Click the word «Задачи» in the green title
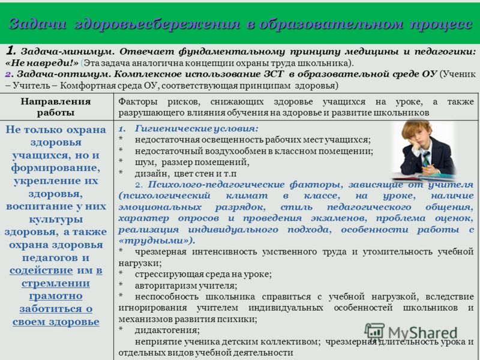coord(37,24)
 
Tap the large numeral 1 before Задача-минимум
coord(10,50)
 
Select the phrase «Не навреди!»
coord(42,63)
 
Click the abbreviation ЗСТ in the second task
coord(274,74)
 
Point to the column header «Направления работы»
coord(56,107)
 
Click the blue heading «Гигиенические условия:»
coord(197,128)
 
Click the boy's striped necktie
coord(426,159)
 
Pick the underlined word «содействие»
coord(41,271)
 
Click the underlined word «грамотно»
coord(56,296)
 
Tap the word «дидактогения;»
coord(167,331)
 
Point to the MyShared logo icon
coord(374,331)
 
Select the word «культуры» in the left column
coord(56,220)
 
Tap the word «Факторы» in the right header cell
coord(138,101)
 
